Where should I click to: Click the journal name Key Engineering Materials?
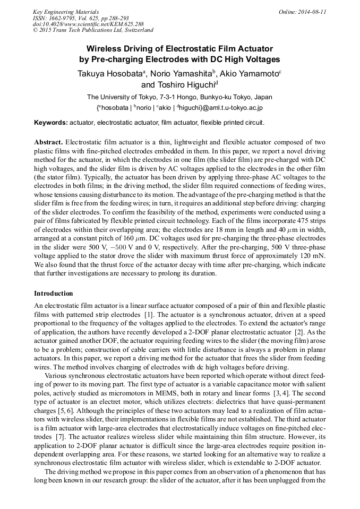(66, 11)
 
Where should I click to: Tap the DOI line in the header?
(88, 24)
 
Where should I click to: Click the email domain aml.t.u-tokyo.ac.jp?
(228, 107)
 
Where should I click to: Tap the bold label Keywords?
(51, 123)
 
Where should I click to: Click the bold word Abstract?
(48, 143)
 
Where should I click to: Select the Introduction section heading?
(54, 294)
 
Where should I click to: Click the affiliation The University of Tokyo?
(120, 97)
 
